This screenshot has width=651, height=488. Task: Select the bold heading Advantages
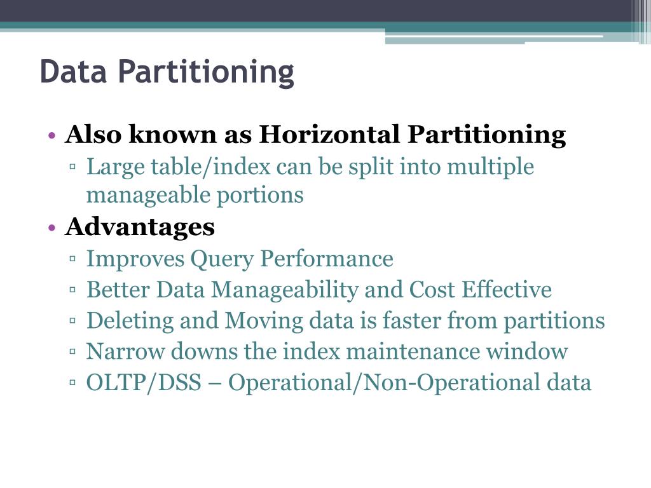tap(139, 227)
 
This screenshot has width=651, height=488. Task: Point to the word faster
tap(411, 321)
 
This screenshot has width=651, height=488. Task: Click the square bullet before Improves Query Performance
tap(73, 260)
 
